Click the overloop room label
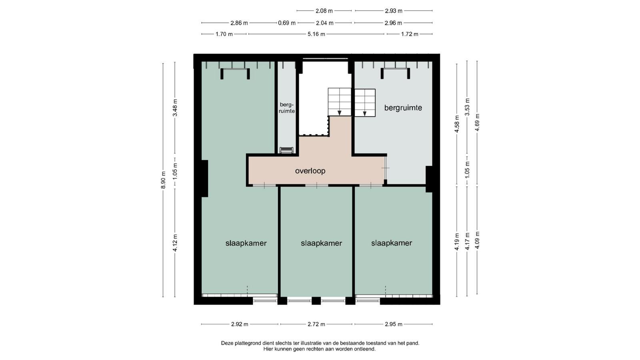click(x=310, y=171)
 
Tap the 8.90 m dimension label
click(x=163, y=180)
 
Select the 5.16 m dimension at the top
click(x=316, y=34)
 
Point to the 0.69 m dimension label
click(x=286, y=23)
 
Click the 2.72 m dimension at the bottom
click(x=316, y=324)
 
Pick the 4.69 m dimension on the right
click(x=477, y=122)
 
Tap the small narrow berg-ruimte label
click(x=286, y=108)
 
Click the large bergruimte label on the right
click(x=403, y=108)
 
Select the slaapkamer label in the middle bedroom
click(x=321, y=243)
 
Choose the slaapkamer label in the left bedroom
click(x=246, y=243)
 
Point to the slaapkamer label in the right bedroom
click(x=392, y=243)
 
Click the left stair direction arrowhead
click(x=340, y=113)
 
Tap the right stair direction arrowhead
click(x=365, y=114)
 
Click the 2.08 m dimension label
click(x=324, y=11)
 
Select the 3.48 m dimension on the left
click(x=175, y=108)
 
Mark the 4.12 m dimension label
click(x=175, y=243)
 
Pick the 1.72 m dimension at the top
click(x=410, y=34)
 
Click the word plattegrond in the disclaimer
click(x=248, y=343)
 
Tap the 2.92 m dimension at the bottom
click(x=240, y=324)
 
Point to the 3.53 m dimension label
click(x=468, y=107)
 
